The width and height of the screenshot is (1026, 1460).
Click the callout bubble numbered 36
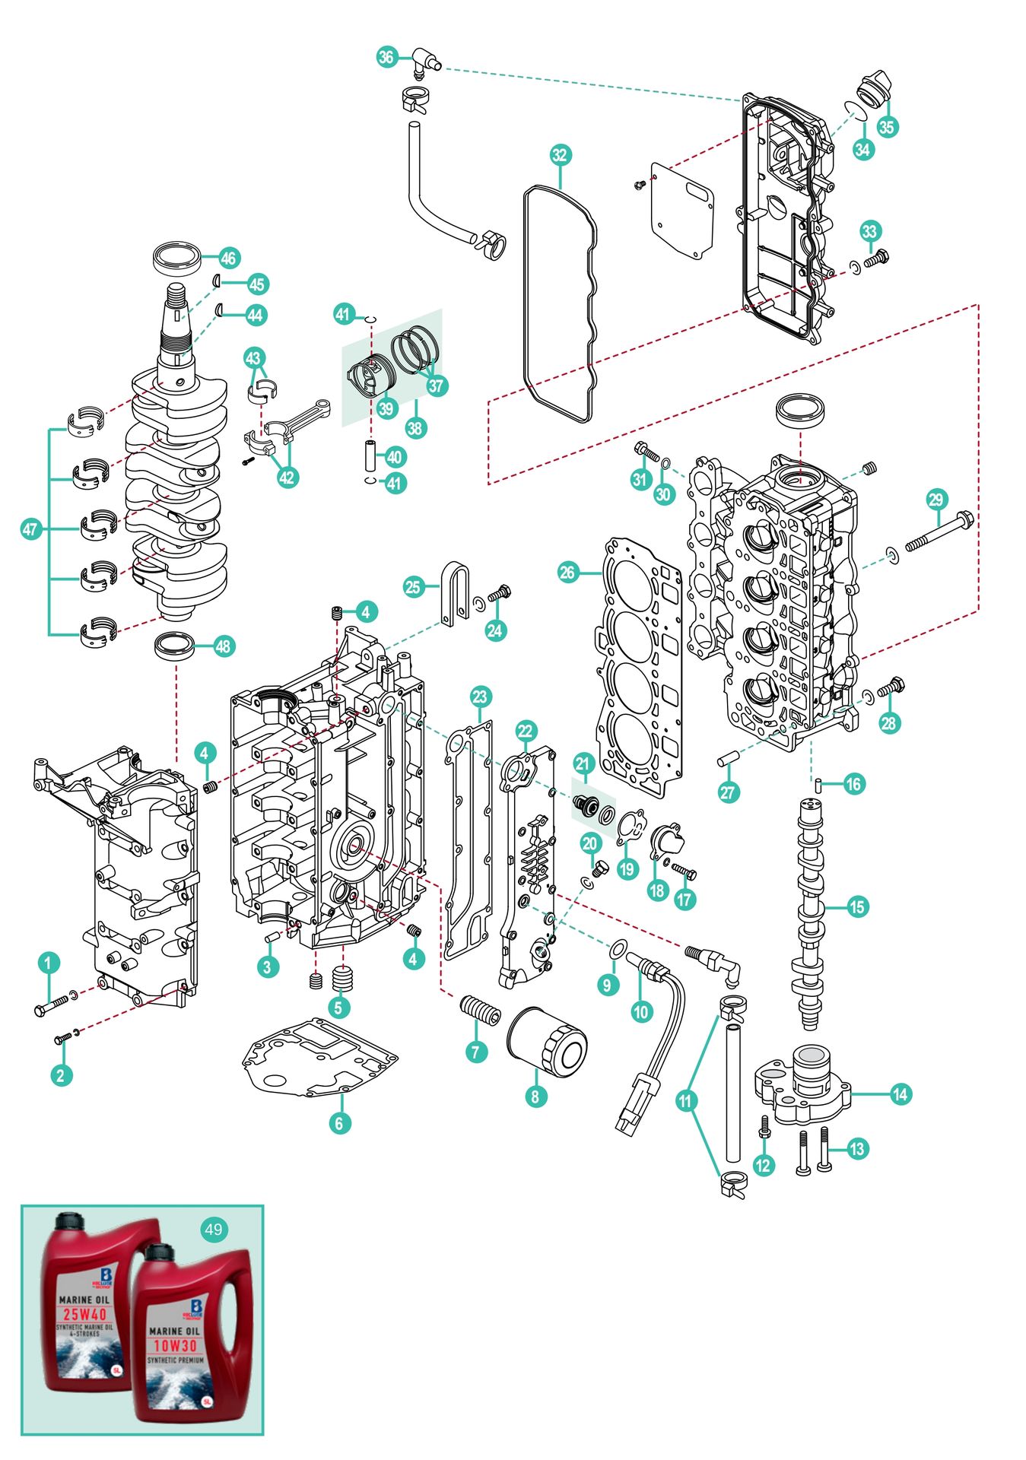pyautogui.click(x=386, y=57)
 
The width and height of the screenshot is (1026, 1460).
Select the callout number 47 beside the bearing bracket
pyautogui.click(x=30, y=529)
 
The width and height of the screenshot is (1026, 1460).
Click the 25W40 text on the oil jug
pyautogui.click(x=84, y=1314)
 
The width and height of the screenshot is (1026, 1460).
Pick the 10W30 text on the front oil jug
pyautogui.click(x=175, y=1345)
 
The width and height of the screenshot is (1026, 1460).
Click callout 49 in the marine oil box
pyautogui.click(x=214, y=1230)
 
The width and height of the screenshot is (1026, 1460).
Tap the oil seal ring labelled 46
pyautogui.click(x=177, y=259)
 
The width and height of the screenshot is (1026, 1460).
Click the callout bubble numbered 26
pyautogui.click(x=567, y=572)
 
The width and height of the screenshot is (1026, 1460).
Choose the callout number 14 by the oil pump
pyautogui.click(x=900, y=1094)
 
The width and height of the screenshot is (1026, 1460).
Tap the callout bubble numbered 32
pyautogui.click(x=560, y=155)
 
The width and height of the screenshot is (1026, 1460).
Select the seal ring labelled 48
pyautogui.click(x=174, y=646)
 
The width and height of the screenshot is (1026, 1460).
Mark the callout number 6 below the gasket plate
pyautogui.click(x=339, y=1122)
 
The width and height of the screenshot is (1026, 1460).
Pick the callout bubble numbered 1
pyautogui.click(x=49, y=963)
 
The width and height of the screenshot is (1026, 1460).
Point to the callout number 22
pyautogui.click(x=526, y=732)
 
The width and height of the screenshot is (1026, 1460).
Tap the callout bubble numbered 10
pyautogui.click(x=641, y=1011)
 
